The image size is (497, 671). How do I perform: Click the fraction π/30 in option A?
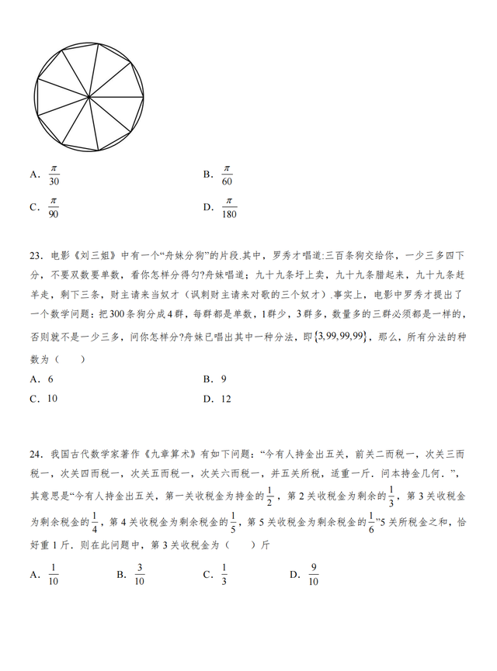click(54, 175)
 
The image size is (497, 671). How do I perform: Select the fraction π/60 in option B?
click(227, 175)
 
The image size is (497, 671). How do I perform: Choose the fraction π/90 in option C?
click(54, 208)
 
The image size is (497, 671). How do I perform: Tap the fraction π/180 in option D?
click(228, 208)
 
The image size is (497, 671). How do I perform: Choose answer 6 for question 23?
click(50, 379)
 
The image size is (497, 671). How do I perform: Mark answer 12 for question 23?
click(226, 399)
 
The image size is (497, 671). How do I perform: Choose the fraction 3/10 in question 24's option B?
click(140, 575)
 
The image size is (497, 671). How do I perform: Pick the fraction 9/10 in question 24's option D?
click(313, 575)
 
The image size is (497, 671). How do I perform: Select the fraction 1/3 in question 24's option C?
click(224, 575)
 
